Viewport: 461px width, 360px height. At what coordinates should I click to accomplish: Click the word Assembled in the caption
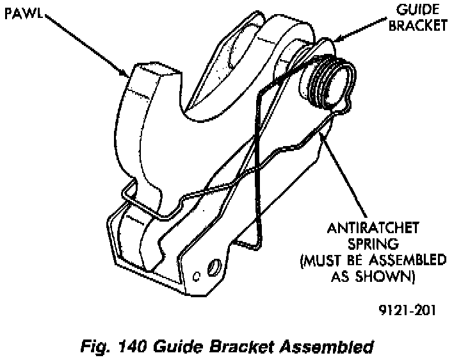click(326, 348)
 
